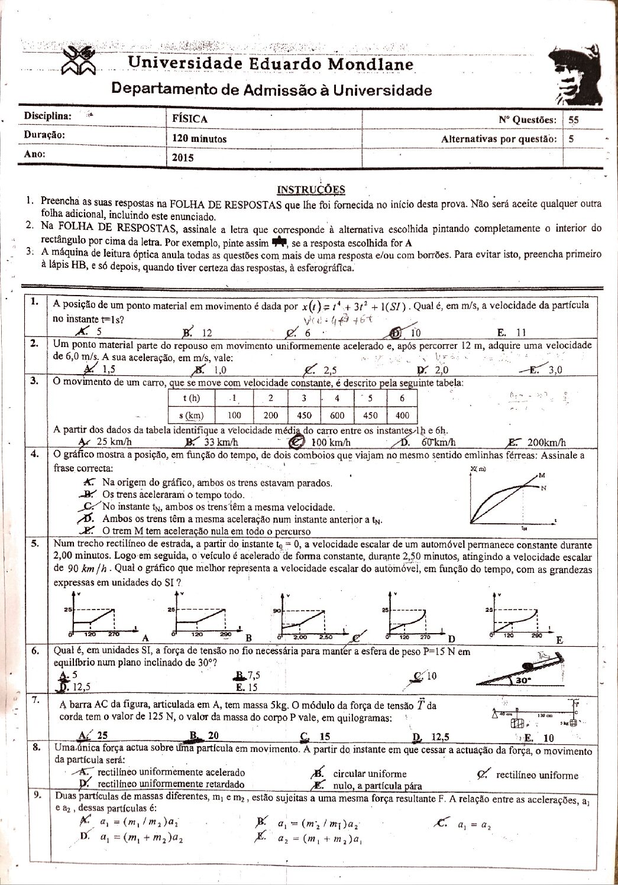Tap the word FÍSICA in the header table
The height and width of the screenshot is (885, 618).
[x=190, y=119]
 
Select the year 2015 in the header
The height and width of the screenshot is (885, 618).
[x=183, y=158]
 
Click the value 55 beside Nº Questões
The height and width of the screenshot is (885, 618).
[x=573, y=119]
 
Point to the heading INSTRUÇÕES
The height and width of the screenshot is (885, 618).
[x=311, y=190]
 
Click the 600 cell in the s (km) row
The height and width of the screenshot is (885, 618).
[x=337, y=416]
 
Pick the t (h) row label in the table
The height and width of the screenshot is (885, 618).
[x=189, y=398]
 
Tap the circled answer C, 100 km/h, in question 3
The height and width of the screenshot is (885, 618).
[x=323, y=442]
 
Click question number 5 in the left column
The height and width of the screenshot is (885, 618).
[x=35, y=543]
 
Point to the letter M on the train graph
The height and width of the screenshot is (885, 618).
[x=542, y=475]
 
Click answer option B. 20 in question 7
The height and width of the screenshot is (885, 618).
[x=204, y=736]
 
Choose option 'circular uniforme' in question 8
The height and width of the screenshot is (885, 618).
[x=370, y=774]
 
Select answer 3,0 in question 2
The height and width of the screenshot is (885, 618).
[x=555, y=371]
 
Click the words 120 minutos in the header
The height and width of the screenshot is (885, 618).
[x=199, y=139]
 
